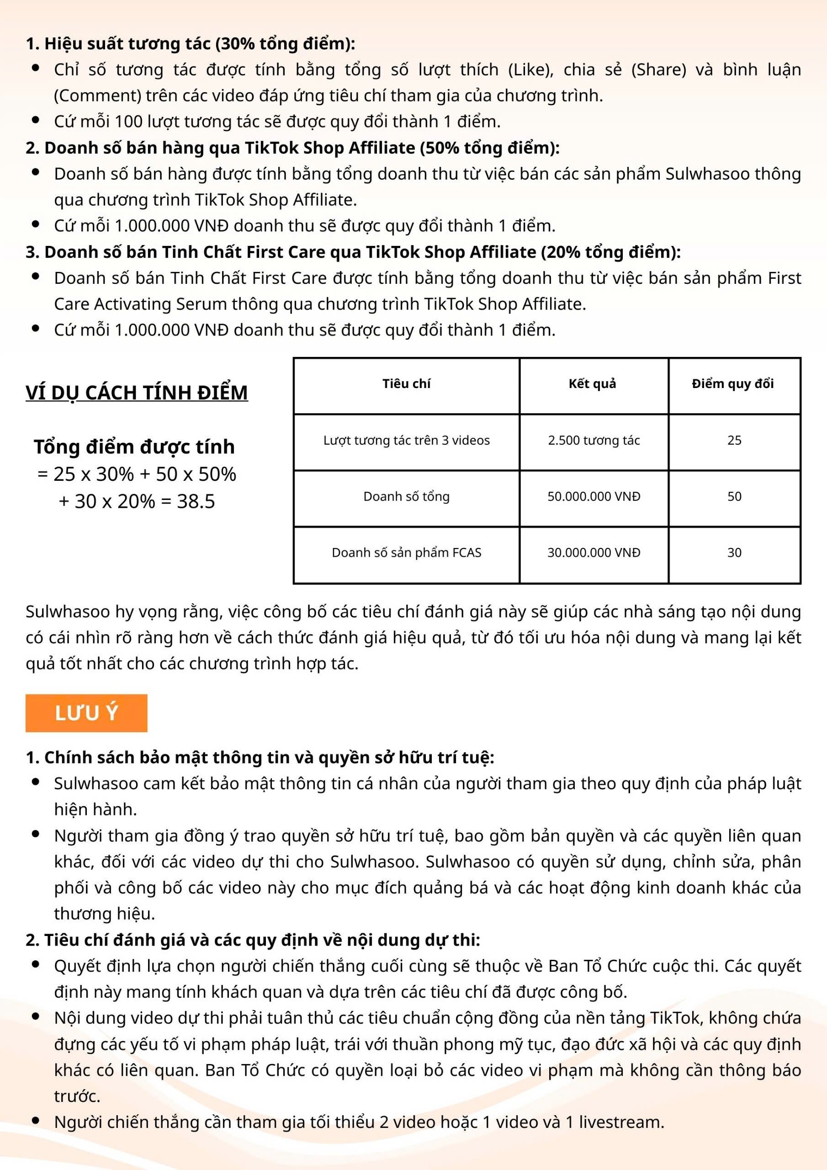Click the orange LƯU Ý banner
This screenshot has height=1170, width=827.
(86, 713)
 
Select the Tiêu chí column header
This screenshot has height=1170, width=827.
(406, 384)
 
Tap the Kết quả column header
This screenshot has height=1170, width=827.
(592, 384)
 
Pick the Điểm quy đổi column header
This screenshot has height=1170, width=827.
(733, 384)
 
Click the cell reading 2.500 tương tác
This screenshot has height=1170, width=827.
(594, 440)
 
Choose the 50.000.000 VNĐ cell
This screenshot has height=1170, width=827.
(594, 496)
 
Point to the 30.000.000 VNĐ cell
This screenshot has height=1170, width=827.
(594, 553)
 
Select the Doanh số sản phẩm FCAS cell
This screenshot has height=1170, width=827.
(406, 553)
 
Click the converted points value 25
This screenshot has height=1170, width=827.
(734, 440)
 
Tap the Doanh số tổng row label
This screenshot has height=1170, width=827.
(406, 496)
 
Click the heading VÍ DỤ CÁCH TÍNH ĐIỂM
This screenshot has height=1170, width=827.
(137, 393)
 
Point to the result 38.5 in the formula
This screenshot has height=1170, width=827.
(196, 501)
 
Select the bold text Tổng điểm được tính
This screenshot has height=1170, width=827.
(134, 447)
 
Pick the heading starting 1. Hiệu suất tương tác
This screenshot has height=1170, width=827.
(191, 44)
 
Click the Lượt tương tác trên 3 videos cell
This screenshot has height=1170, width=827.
(406, 440)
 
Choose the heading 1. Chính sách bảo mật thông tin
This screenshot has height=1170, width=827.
(260, 757)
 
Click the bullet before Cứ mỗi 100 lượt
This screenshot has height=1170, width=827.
(36, 121)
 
